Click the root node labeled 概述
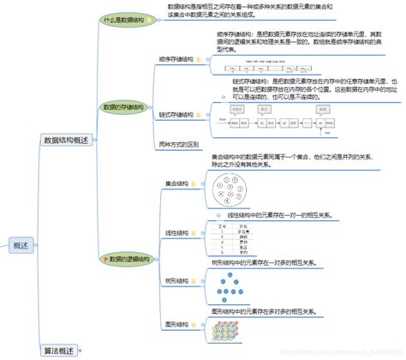(x=21, y=246)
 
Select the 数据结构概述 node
(x=66, y=141)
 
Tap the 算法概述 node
(x=59, y=350)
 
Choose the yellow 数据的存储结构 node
(x=124, y=107)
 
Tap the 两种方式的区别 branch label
(x=179, y=143)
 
